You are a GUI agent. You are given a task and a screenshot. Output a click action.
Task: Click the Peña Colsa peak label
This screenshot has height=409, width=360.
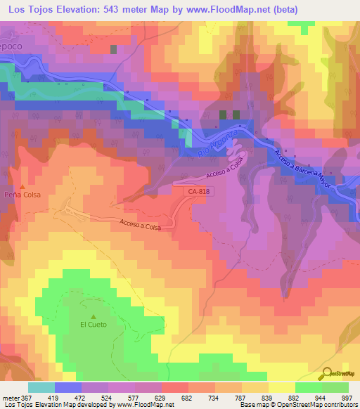tap(20, 194)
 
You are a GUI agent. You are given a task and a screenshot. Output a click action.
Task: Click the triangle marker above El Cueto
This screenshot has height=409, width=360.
tap(93, 316)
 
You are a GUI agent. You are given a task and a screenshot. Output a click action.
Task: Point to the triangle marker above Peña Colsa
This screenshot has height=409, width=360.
tap(21, 186)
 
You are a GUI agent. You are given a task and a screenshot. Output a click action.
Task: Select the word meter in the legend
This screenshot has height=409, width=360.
tap(10, 398)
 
